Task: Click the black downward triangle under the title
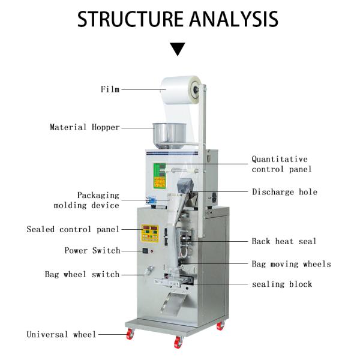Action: click(x=177, y=49)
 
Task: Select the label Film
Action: click(x=110, y=89)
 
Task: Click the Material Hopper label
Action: click(x=85, y=127)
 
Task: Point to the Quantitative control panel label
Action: click(x=281, y=164)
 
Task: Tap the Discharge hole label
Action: click(x=284, y=192)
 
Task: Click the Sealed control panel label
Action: click(x=73, y=229)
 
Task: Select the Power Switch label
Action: click(x=92, y=250)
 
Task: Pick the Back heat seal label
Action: click(x=284, y=241)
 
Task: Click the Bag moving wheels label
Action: click(x=291, y=264)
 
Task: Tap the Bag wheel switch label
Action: click(x=82, y=274)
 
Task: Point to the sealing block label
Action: click(x=281, y=284)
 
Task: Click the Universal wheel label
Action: click(x=61, y=334)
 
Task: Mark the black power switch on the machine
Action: click(x=145, y=251)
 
